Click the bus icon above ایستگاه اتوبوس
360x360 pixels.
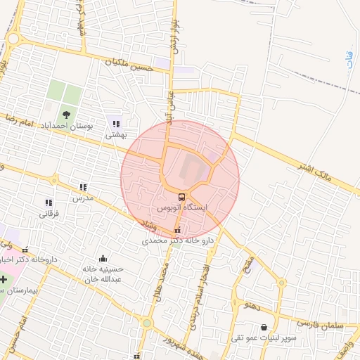[182, 197]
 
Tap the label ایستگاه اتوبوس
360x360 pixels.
[182, 209]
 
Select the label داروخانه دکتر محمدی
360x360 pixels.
[177, 240]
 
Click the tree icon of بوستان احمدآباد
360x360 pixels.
[65, 112]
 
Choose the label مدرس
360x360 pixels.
[83, 198]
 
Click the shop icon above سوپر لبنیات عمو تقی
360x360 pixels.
[264, 328]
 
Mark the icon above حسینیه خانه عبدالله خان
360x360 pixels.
[103, 258]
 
